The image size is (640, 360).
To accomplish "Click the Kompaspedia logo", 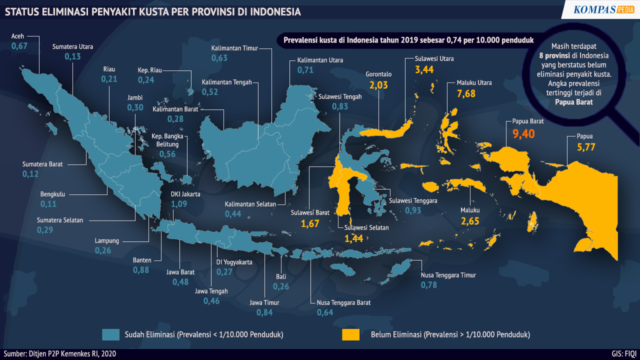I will [603, 9].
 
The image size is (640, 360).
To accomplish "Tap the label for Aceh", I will [17, 36].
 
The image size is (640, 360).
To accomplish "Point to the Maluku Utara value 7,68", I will [466, 93].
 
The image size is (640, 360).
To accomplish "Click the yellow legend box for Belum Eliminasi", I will [350, 334].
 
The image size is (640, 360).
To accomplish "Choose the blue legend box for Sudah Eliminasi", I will [110, 334].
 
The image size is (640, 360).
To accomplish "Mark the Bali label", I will [281, 276].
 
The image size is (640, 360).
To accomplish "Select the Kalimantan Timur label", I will [234, 48].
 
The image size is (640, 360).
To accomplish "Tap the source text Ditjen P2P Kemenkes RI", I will [74, 354].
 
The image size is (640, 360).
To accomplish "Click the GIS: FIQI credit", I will [623, 354].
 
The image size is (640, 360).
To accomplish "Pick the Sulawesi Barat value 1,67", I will [310, 223].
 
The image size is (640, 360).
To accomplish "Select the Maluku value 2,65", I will [470, 221].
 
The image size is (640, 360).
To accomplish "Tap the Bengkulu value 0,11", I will [48, 204].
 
